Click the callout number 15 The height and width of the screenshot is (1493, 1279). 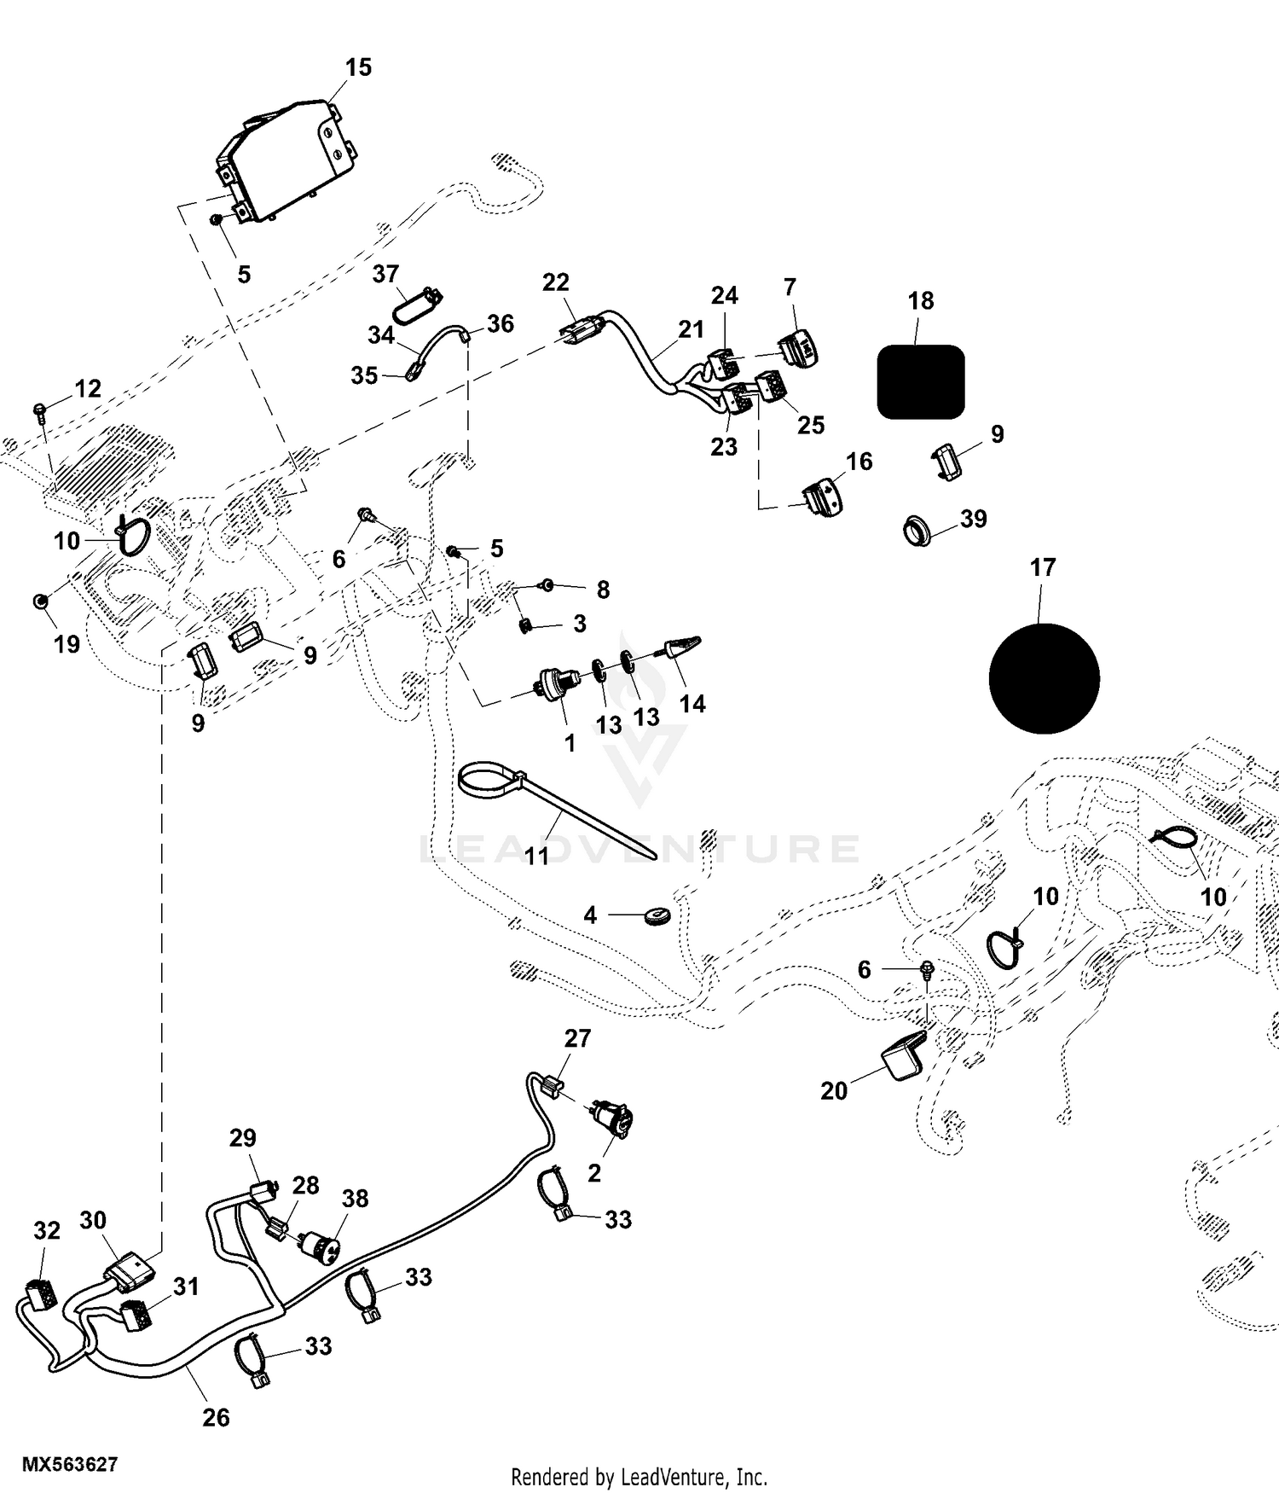tap(358, 67)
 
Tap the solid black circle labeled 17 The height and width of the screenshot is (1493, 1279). tap(1044, 678)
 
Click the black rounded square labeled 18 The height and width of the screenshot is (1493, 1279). tap(921, 381)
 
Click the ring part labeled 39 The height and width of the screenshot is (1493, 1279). tap(917, 531)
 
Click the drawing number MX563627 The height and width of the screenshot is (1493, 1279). tap(70, 1465)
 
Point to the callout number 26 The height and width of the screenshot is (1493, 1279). tap(216, 1417)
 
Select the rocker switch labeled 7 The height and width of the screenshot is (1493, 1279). tap(798, 348)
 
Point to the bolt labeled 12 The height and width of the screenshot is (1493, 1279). tap(39, 411)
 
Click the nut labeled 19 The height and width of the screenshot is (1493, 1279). tap(39, 602)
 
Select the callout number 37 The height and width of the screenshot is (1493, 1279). tap(385, 274)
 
